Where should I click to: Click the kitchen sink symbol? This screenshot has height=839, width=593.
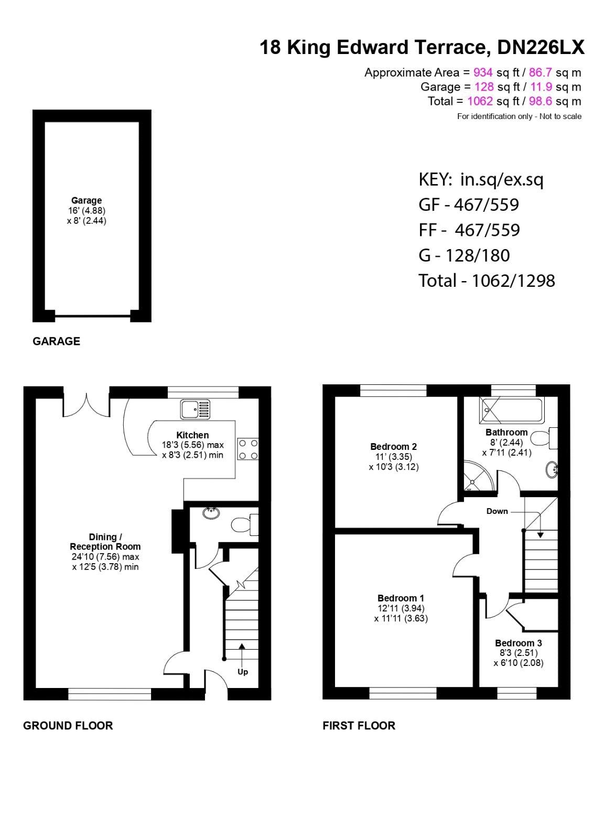click(x=195, y=409)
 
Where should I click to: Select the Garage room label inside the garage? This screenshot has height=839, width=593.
click(x=87, y=200)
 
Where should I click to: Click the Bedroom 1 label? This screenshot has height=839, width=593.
click(x=401, y=598)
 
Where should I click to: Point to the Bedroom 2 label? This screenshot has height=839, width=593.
click(x=393, y=447)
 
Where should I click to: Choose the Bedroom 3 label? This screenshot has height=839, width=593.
click(x=518, y=643)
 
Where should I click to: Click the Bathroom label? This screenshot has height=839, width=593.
click(x=506, y=433)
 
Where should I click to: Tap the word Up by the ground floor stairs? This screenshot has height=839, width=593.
click(x=243, y=672)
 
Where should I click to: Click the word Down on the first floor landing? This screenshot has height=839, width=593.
click(x=497, y=511)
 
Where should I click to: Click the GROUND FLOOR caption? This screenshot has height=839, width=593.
click(x=68, y=726)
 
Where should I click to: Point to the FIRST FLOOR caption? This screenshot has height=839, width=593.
click(x=359, y=726)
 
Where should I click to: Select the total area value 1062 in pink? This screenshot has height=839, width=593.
click(x=480, y=101)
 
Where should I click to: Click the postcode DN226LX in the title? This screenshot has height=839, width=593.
click(x=540, y=48)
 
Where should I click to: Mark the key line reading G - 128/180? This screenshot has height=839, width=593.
click(x=464, y=255)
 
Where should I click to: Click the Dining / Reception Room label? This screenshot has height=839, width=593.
click(x=105, y=542)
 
